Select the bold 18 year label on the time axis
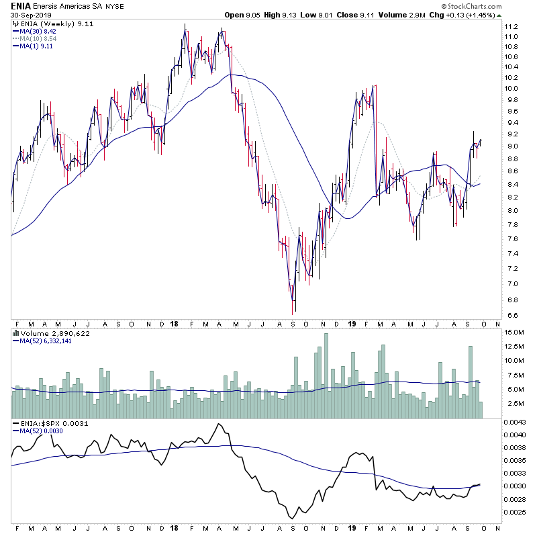click(x=174, y=323)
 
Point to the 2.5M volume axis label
click(x=514, y=403)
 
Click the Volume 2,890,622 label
click(x=46, y=332)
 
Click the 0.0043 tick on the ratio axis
click(x=516, y=422)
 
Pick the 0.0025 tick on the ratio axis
click(x=516, y=512)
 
